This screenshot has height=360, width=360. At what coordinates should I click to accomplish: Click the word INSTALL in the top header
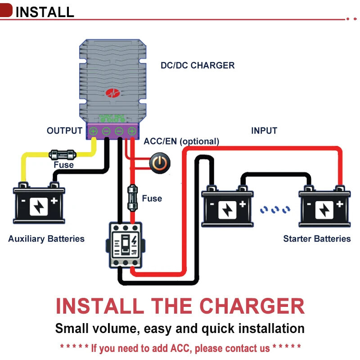(45, 12)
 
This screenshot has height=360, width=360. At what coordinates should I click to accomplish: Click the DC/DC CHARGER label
(198, 66)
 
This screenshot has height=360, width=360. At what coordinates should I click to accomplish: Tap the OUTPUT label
(64, 131)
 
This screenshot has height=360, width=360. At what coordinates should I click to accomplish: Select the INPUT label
(264, 131)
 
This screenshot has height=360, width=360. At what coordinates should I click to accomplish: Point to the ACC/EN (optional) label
(181, 141)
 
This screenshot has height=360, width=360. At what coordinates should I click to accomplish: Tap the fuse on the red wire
(132, 197)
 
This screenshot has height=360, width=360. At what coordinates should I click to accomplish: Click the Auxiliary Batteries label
(46, 238)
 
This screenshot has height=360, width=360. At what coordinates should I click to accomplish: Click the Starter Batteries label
(317, 238)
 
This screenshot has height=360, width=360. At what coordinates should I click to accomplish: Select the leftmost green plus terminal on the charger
(93, 131)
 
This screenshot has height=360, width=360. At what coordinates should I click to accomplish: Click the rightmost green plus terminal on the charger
(132, 131)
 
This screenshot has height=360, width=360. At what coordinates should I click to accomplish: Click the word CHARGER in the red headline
(252, 306)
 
